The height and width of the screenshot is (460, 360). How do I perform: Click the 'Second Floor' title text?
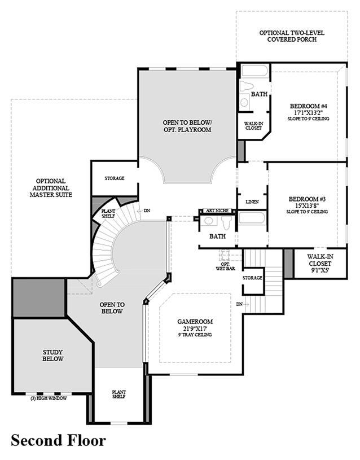click(58, 440)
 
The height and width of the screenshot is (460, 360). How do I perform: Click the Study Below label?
click(53, 355)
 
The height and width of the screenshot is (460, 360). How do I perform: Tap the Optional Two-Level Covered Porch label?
click(288, 36)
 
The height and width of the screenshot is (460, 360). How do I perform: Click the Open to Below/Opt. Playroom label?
click(187, 126)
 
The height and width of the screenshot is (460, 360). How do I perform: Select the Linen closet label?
click(252, 201)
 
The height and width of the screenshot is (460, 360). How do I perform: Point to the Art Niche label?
click(217, 211)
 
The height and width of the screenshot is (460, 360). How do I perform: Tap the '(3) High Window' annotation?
click(49, 398)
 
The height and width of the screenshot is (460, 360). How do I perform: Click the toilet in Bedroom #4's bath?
click(247, 86)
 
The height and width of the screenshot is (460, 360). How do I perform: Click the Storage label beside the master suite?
click(114, 178)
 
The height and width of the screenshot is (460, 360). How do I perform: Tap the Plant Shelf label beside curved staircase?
click(109, 213)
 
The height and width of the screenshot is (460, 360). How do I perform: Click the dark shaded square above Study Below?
click(38, 298)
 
